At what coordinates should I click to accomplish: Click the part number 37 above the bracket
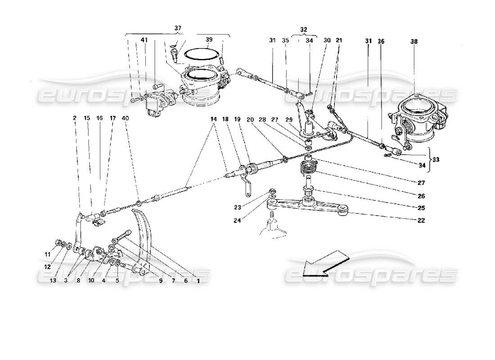tap(178, 28)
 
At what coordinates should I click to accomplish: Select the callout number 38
tap(414, 41)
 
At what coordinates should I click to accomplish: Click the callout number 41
tap(144, 41)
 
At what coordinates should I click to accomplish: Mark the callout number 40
tap(126, 118)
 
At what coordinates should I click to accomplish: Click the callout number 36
tap(382, 41)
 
